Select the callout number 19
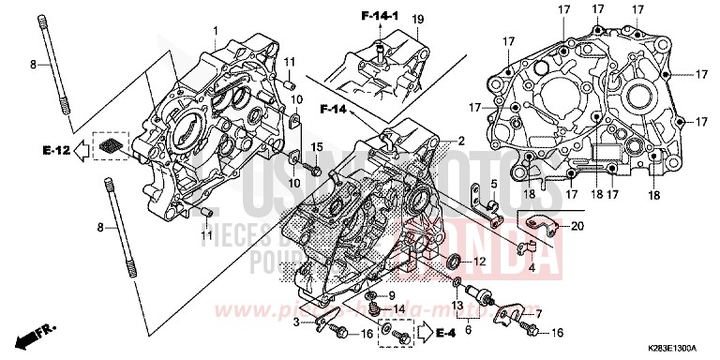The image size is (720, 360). (417, 19)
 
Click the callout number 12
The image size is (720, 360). (480, 262)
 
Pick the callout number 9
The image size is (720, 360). (391, 296)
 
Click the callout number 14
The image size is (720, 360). (398, 309)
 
